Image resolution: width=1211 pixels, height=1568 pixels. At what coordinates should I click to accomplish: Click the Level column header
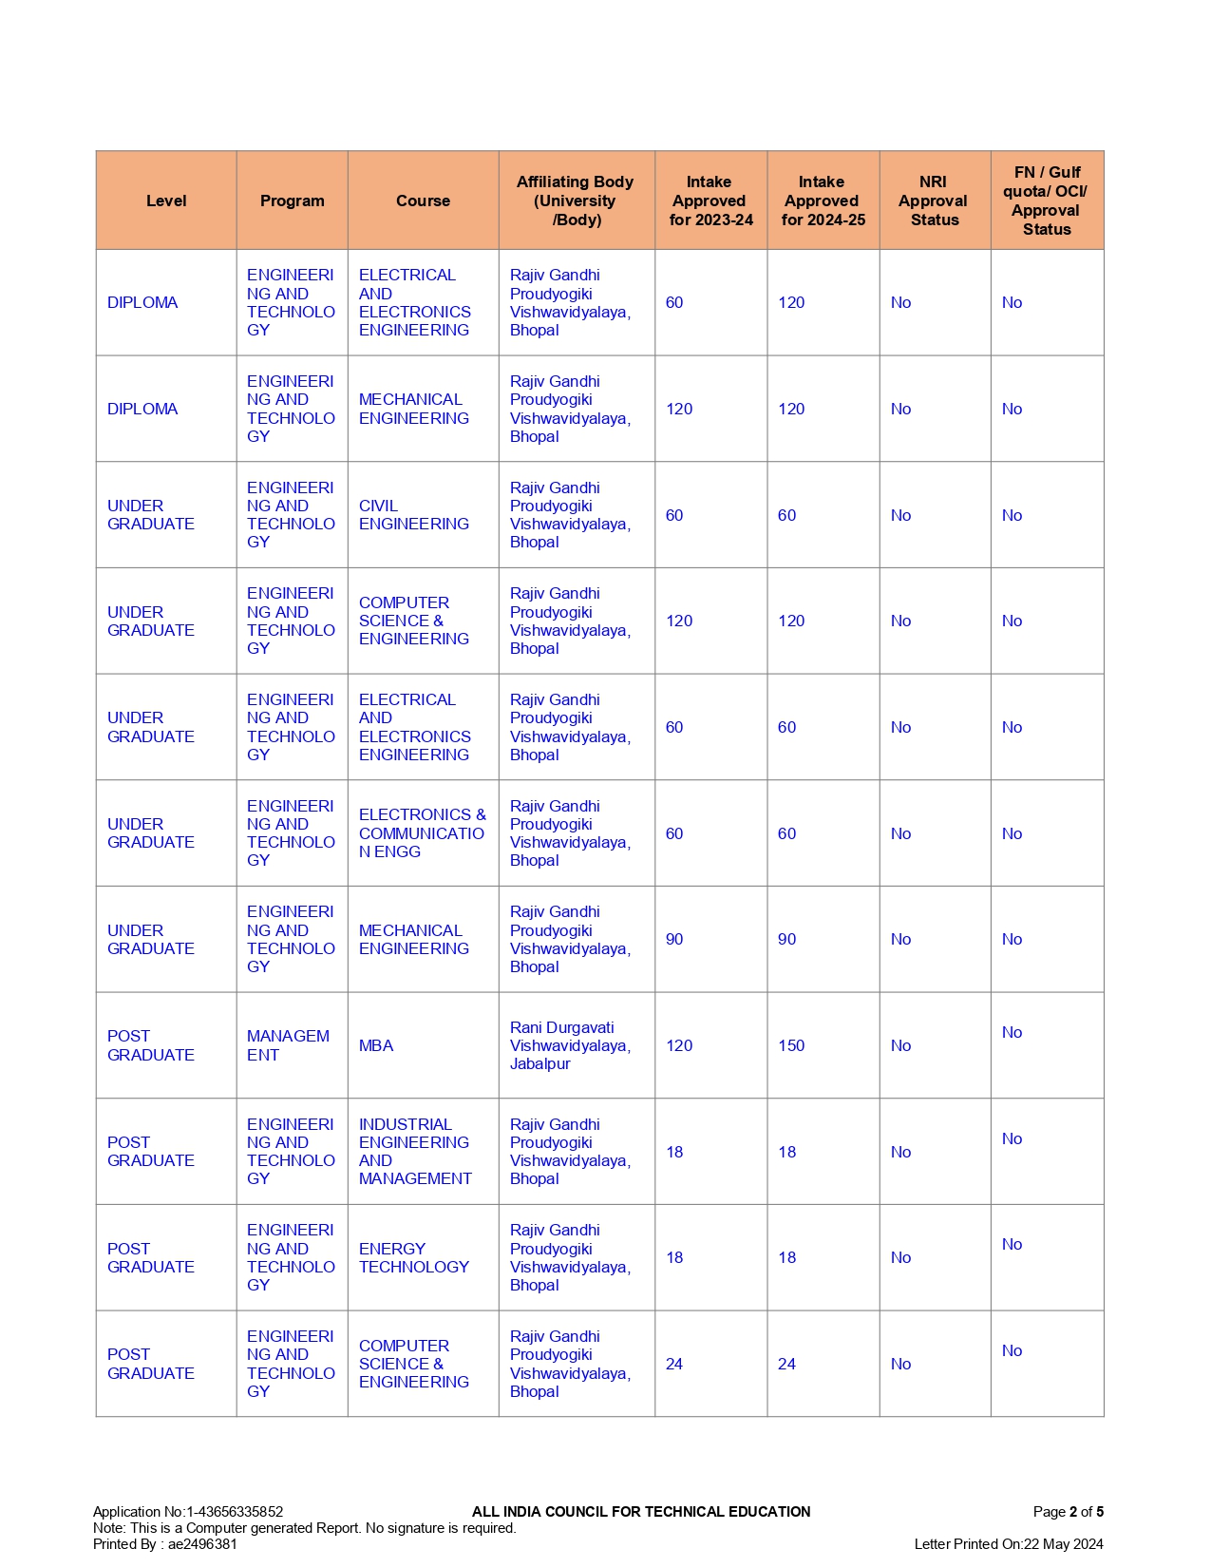(166, 201)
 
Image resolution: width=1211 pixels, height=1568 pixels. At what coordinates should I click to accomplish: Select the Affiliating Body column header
(576, 201)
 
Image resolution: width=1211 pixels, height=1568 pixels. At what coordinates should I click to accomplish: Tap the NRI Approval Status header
(934, 201)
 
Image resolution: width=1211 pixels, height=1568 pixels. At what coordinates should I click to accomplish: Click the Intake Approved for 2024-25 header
(823, 201)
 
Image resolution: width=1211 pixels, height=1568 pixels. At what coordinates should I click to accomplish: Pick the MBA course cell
(376, 1045)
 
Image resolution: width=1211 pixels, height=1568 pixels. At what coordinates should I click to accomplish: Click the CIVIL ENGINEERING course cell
(413, 515)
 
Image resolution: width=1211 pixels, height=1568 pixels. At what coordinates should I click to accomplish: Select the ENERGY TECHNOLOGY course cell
(413, 1257)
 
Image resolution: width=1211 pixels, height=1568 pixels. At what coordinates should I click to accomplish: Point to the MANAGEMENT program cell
(288, 1045)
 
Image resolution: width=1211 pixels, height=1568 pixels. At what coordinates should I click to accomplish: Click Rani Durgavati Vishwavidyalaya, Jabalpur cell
(570, 1045)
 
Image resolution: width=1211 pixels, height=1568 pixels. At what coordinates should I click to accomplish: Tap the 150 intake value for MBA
(791, 1045)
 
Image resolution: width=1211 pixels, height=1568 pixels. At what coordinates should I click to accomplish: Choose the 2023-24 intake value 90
(674, 939)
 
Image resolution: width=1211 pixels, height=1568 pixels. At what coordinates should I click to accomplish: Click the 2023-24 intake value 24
(674, 1364)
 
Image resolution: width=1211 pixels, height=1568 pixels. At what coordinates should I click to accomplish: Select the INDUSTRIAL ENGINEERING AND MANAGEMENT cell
(414, 1151)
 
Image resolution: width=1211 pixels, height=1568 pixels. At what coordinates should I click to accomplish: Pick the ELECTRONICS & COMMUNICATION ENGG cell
(422, 833)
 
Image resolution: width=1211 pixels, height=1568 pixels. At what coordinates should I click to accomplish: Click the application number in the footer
(188, 1511)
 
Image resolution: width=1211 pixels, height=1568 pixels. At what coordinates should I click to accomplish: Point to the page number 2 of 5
(1068, 1511)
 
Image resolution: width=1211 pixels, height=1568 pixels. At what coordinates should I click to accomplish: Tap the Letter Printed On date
(1009, 1544)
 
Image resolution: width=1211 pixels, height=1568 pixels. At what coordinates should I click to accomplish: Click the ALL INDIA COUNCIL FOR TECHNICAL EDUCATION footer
(641, 1511)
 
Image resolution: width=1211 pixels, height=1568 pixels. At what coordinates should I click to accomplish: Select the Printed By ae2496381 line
(165, 1544)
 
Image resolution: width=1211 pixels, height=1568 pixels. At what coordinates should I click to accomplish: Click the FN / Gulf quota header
(1046, 201)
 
